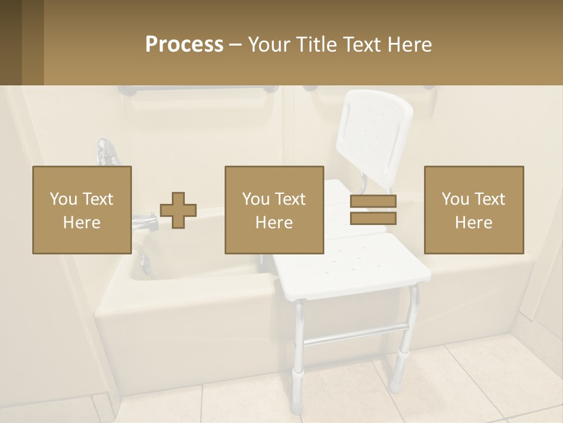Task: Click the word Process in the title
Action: coord(184,45)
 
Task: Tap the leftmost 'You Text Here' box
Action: coord(82,210)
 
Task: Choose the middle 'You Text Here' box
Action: coord(274,210)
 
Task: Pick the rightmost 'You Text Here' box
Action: coord(473,210)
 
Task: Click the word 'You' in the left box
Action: coord(62,199)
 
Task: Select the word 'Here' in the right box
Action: coord(473,223)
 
